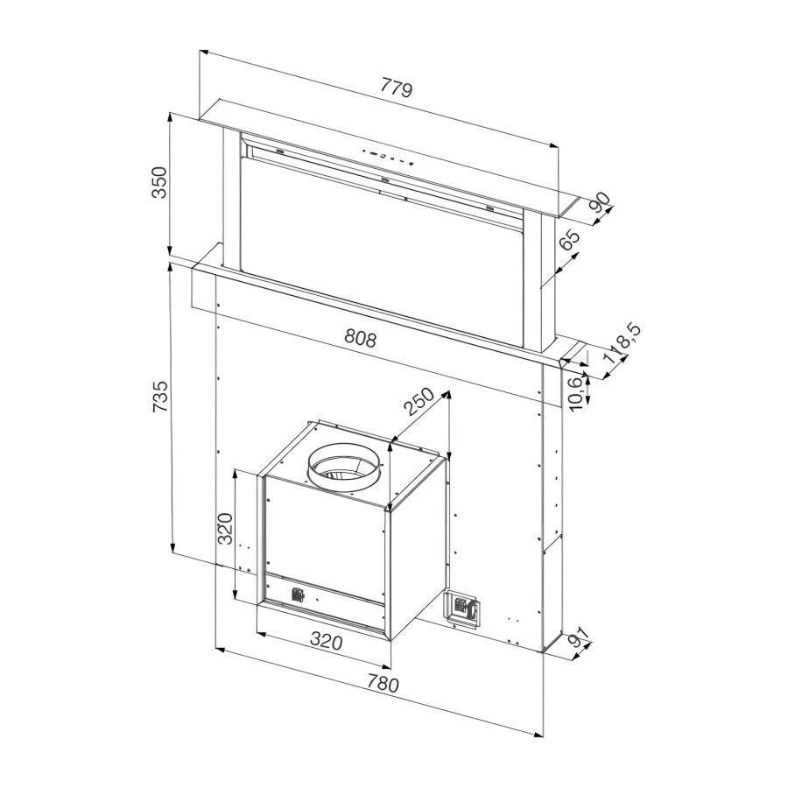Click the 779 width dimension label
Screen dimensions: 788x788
[397, 88]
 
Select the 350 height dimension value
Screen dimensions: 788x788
[158, 182]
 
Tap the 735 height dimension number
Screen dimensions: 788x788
[159, 398]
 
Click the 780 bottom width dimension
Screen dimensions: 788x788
[382, 684]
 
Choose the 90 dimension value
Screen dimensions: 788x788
[600, 203]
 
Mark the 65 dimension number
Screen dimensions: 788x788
[570, 241]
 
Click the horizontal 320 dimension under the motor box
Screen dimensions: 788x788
[326, 642]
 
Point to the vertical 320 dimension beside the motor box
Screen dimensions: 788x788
[225, 529]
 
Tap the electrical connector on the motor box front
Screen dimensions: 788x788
[298, 595]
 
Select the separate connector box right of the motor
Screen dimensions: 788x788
[461, 608]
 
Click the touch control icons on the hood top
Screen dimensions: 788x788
[385, 158]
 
